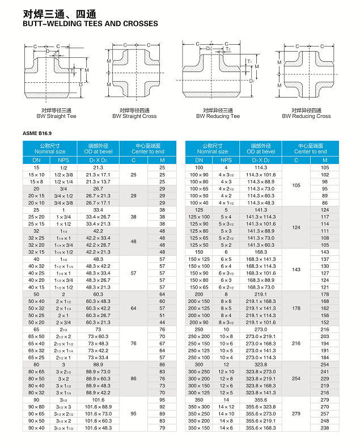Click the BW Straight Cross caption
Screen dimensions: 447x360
[134, 116]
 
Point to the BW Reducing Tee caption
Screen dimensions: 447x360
[218, 116]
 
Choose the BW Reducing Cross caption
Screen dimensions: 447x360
[306, 116]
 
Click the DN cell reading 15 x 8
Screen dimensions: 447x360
[36, 182]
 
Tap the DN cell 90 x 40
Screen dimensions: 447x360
[36, 427]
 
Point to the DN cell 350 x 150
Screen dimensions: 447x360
[199, 427]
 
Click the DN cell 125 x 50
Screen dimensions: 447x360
[199, 244]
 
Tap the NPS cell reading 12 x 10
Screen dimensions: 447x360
[226, 371]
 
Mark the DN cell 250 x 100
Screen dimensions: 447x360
[199, 357]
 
